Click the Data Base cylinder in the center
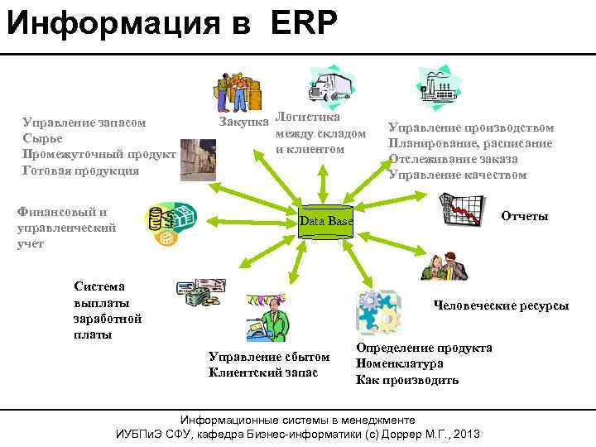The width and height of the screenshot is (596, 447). point(325,221)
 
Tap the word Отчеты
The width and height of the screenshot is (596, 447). point(524,216)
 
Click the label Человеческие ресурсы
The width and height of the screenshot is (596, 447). point(502,305)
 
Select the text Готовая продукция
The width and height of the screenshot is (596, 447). point(80,171)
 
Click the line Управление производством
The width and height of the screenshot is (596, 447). point(471,127)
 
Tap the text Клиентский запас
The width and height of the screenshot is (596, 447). point(263,372)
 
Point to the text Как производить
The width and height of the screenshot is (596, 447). point(406,380)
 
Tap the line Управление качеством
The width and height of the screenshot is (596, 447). point(457,175)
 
